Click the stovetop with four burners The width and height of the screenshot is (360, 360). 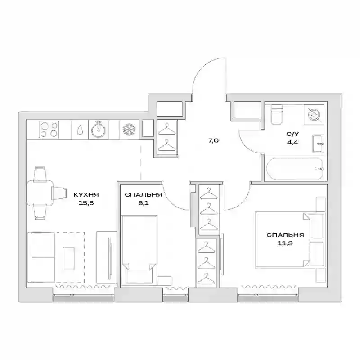[49, 130]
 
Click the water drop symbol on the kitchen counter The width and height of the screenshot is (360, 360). [80, 130]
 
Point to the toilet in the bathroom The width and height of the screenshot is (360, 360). [276, 114]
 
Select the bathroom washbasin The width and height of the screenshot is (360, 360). [318, 144]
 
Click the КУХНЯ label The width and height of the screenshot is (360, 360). [86, 195]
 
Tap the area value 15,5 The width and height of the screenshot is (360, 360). [86, 203]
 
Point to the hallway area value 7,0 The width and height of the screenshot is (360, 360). [213, 141]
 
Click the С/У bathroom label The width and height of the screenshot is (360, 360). [292, 134]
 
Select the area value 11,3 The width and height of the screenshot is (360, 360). [285, 243]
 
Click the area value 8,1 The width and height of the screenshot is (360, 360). [143, 203]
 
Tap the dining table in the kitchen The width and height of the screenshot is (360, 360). [40, 193]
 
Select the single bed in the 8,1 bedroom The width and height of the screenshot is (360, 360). [139, 250]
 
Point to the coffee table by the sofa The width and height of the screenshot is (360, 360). [69, 258]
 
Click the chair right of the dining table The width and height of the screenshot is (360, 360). [60, 193]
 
